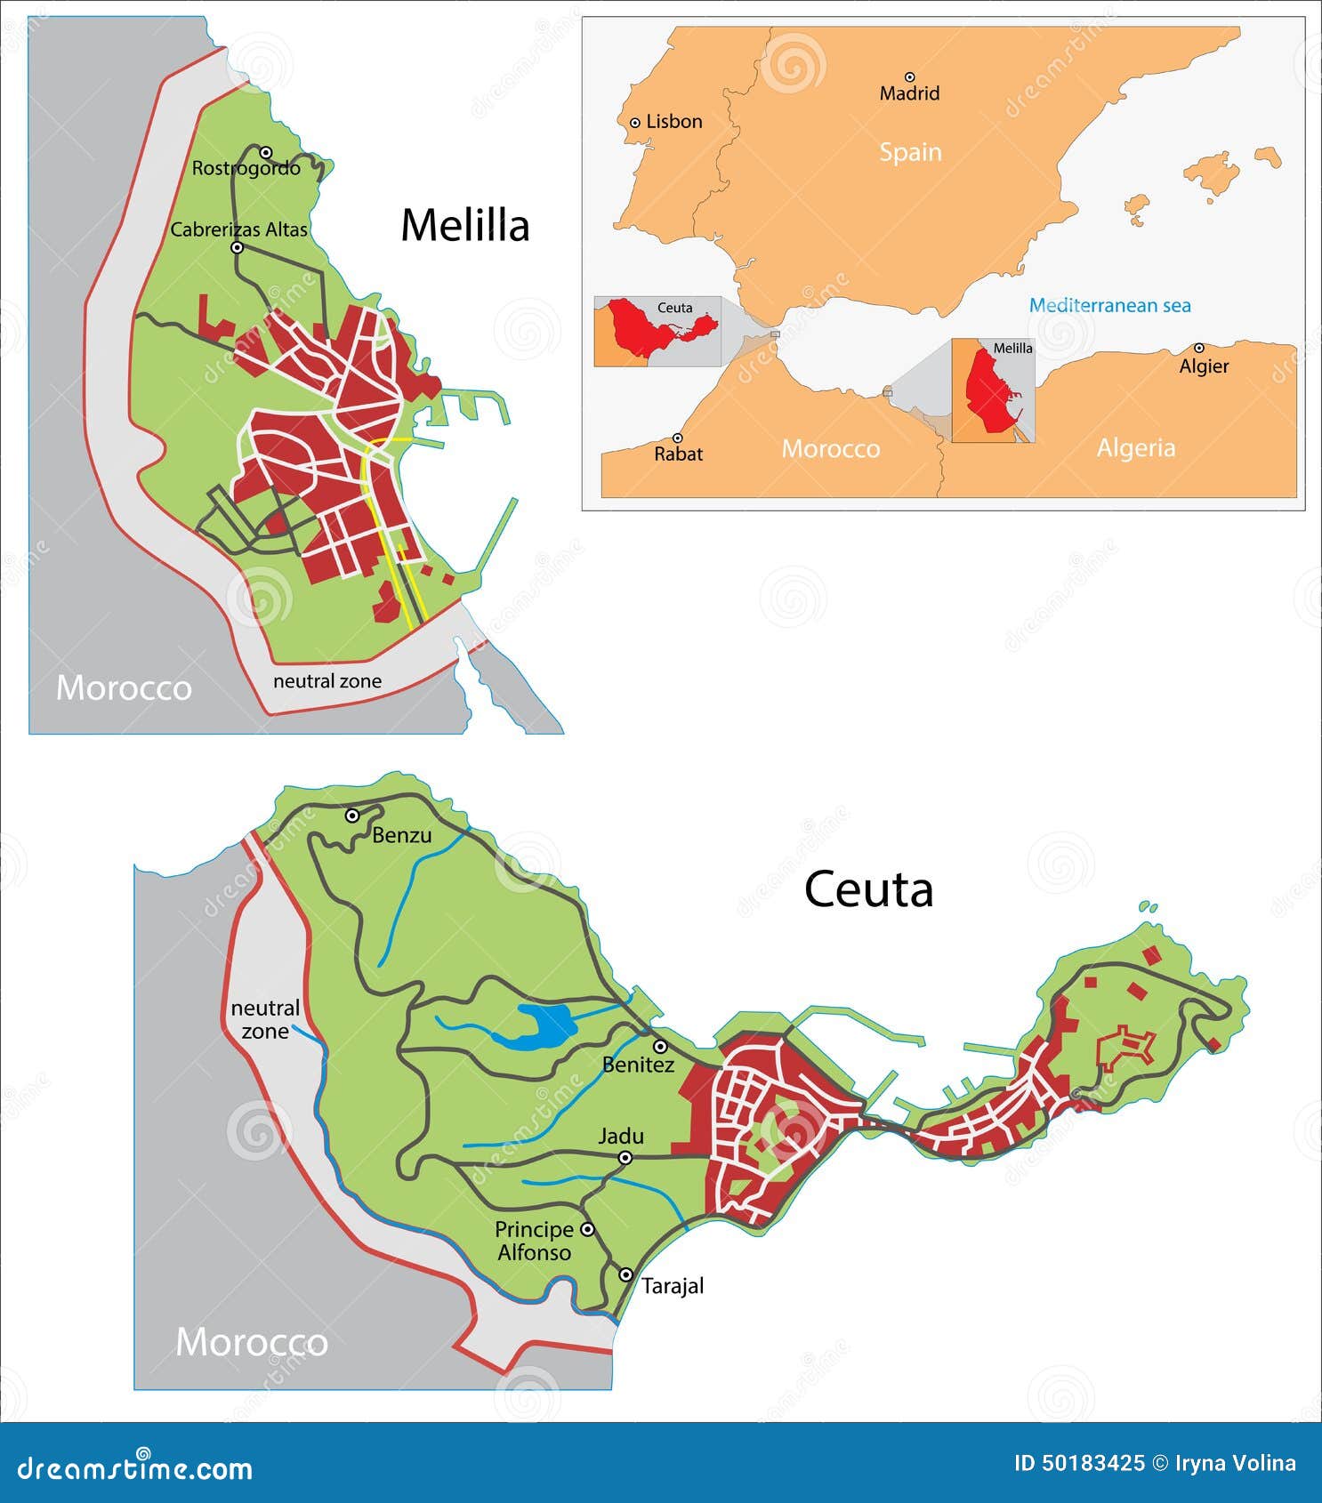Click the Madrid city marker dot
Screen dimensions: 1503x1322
(x=909, y=77)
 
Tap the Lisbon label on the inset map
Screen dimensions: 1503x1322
(x=673, y=122)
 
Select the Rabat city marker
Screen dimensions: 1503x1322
(x=677, y=438)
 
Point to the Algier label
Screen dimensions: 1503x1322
(x=1204, y=366)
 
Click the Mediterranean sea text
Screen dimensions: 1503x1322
(x=1109, y=305)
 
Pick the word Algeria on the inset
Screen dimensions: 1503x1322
(x=1135, y=447)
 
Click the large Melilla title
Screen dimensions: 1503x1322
(x=464, y=225)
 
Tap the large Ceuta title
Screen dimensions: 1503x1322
(x=868, y=889)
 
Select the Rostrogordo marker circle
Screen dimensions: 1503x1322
(x=265, y=152)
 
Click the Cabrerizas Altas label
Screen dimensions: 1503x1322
(x=238, y=229)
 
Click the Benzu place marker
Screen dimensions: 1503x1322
(x=352, y=815)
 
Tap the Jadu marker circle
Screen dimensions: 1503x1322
(x=625, y=1157)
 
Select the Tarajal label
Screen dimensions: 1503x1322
(x=673, y=1285)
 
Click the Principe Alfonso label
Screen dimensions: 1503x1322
(x=534, y=1241)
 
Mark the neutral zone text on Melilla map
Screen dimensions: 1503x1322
(x=326, y=681)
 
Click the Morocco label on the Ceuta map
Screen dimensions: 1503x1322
(x=252, y=1341)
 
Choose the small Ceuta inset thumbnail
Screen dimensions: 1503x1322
(x=657, y=331)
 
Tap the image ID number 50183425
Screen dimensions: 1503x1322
(x=1078, y=1463)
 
